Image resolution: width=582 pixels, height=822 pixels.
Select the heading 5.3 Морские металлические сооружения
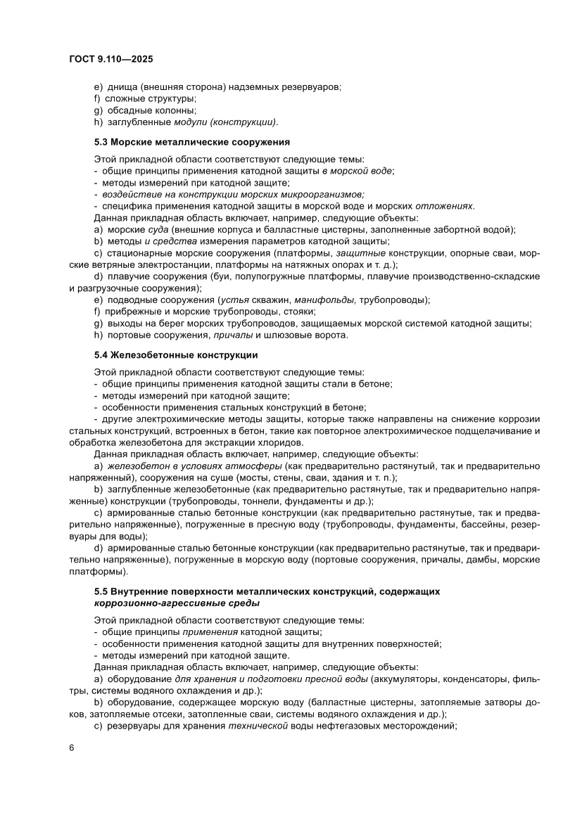[x=192, y=141]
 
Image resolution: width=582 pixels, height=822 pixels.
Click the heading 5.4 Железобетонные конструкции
[x=176, y=354]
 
